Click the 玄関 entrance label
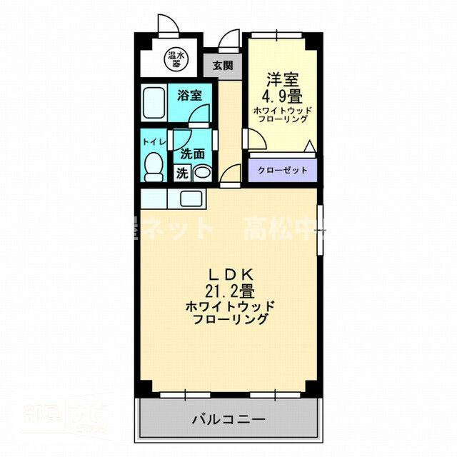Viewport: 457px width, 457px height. [x=222, y=66]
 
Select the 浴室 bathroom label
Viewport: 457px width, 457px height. [x=190, y=95]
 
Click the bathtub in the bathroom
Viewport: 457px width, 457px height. [x=153, y=104]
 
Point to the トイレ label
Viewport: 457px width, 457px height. [x=154, y=141]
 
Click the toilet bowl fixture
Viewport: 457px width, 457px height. [x=153, y=167]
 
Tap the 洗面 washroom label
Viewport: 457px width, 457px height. [x=192, y=153]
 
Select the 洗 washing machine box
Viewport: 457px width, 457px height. [x=182, y=173]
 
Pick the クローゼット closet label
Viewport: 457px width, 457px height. [x=283, y=170]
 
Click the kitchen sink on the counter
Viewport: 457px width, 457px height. [x=191, y=198]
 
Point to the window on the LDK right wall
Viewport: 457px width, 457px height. [x=321, y=228]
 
